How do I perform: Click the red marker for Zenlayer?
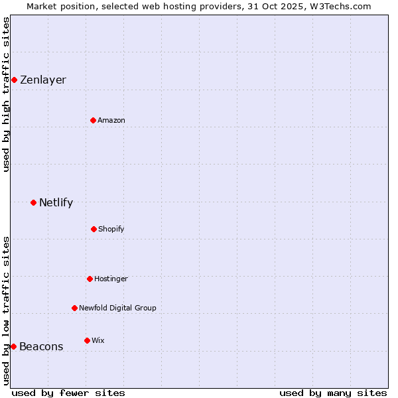pos(14,80)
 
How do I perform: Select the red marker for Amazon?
pos(93,120)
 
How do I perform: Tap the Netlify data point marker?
pos(33,202)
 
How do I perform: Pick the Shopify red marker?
pos(94,229)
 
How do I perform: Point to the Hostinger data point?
pos(90,279)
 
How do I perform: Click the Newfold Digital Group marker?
pos(74,308)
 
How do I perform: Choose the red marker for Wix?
pos(87,340)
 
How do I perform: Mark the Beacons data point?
pos(13,346)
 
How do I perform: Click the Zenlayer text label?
pos(43,80)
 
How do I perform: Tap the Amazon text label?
pos(111,120)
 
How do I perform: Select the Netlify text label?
pos(56,202)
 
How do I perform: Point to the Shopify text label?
pos(111,229)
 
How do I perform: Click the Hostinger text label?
pos(111,279)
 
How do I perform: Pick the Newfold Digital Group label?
pos(117,308)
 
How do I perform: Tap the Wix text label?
pos(98,340)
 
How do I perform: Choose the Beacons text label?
pos(41,346)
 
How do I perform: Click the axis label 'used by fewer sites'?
pos(68,393)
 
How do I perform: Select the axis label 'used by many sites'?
pos(333,393)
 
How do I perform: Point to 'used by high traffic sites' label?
pos(6,94)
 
